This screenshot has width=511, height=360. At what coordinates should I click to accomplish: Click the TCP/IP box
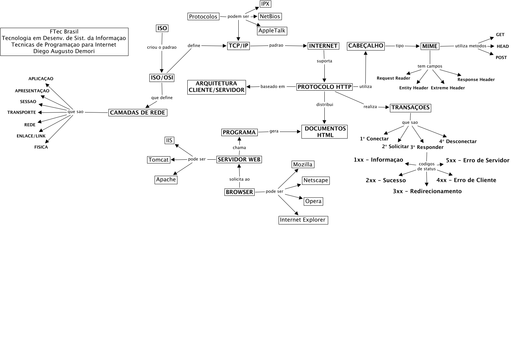pyautogui.click(x=239, y=46)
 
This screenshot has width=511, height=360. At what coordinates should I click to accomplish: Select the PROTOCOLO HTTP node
pyautogui.click(x=324, y=87)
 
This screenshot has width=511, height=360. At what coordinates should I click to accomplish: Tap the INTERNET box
pyautogui.click(x=323, y=46)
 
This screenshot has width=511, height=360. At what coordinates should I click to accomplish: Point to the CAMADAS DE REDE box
pyautogui.click(x=138, y=112)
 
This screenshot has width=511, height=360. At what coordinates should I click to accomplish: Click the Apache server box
pyautogui.click(x=166, y=180)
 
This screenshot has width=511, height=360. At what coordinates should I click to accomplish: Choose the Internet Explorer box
pyautogui.click(x=303, y=220)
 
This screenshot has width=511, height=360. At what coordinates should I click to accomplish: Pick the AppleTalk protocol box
pyautogui.click(x=272, y=31)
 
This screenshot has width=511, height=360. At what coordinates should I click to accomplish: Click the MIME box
pyautogui.click(x=430, y=46)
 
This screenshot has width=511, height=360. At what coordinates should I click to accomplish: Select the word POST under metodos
pyautogui.click(x=501, y=58)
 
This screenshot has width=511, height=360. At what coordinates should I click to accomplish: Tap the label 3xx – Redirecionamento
pyautogui.click(x=427, y=191)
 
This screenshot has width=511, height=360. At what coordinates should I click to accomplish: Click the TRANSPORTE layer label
pyautogui.click(x=22, y=112)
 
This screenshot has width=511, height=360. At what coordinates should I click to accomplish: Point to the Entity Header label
pyautogui.click(x=414, y=88)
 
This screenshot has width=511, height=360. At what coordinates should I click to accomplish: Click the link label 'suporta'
pyautogui.click(x=324, y=61)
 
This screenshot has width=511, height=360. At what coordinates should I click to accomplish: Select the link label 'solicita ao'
pyautogui.click(x=239, y=179)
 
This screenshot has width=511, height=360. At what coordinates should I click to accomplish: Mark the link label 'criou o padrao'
pyautogui.click(x=162, y=47)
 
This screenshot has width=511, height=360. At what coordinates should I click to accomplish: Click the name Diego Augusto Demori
pyautogui.click(x=64, y=51)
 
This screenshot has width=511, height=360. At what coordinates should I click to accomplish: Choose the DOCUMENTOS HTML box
pyautogui.click(x=325, y=132)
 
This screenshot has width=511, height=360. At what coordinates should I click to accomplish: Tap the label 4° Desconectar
pyautogui.click(x=458, y=141)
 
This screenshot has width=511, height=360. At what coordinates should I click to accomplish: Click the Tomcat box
pyautogui.click(x=159, y=160)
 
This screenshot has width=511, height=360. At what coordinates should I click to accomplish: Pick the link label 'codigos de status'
pyautogui.click(x=426, y=166)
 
